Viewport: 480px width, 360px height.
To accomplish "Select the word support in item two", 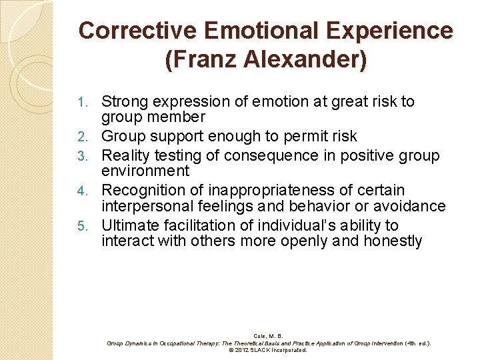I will click(181, 137).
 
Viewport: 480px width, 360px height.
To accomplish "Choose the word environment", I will click(145, 171).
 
